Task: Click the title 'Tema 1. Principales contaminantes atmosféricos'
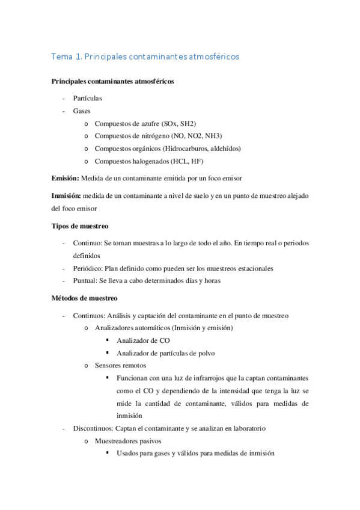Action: point(145,57)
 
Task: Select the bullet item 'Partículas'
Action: point(88,97)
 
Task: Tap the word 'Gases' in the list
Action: point(82,111)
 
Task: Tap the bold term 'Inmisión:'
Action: point(67,197)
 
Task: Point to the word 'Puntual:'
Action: point(87,281)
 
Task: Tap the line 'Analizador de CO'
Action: point(144,340)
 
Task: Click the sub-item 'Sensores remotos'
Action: point(120,366)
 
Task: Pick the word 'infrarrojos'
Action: point(203,378)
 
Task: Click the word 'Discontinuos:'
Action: point(93,429)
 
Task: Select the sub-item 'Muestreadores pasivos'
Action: point(128,441)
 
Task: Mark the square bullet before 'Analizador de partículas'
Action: point(107,353)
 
